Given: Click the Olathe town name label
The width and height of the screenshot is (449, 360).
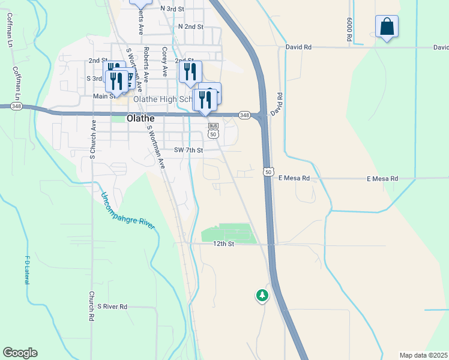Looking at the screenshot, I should click(141, 119).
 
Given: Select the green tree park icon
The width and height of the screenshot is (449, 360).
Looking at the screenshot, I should click(262, 295).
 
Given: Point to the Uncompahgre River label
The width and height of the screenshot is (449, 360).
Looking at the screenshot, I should click(128, 210).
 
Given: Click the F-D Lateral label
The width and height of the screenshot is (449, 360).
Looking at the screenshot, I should click(27, 271).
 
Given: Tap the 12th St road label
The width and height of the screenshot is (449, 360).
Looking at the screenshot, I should click(223, 244).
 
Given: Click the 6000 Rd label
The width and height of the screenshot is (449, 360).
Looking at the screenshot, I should click(348, 29).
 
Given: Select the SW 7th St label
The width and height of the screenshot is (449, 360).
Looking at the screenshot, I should click(189, 150).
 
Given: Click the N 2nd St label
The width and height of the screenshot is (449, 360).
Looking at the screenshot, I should click(191, 27).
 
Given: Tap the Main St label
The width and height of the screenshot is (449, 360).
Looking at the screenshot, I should click(104, 96).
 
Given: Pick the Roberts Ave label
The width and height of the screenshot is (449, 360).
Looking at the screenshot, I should click(146, 61).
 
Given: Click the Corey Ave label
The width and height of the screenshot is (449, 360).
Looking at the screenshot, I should click(164, 62).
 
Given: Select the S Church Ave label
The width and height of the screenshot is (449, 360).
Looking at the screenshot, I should click(93, 139).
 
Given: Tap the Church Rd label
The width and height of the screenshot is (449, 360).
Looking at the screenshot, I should click(91, 305).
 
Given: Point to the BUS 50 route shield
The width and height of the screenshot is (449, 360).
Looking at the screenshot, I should click(213, 130).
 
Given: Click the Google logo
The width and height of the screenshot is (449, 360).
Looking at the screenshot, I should click(20, 353).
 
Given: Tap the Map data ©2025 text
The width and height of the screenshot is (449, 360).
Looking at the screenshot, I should click(423, 355).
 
